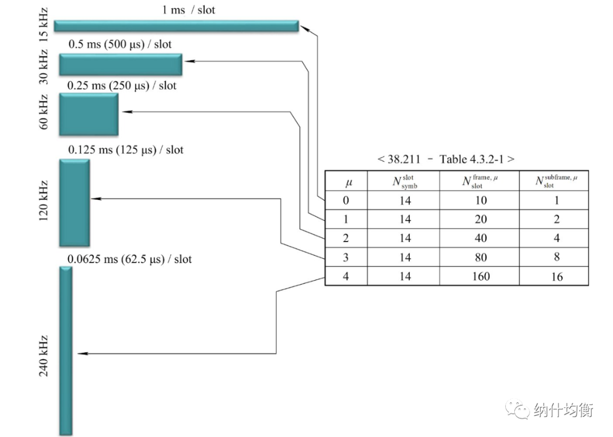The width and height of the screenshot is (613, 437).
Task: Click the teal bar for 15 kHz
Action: coord(176,26)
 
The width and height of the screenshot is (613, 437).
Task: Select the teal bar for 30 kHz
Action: coord(120,64)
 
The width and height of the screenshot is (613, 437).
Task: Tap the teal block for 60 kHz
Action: coord(89,114)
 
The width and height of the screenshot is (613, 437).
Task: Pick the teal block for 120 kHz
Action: coord(74,203)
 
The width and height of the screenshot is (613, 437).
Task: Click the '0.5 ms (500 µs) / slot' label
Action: coord(120,44)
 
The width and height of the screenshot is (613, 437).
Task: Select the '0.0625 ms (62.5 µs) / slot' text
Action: coord(129,259)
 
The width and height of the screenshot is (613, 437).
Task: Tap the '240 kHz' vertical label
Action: coord(44,356)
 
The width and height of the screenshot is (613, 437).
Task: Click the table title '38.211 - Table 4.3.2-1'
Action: coord(446,159)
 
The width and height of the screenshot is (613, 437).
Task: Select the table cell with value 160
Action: coord(480,276)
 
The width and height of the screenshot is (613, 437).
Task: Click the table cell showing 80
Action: coord(480,257)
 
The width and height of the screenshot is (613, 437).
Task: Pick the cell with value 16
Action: coord(556,276)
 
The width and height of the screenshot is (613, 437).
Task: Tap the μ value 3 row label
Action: coord(346,257)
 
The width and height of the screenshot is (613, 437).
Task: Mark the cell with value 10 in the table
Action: coord(480,200)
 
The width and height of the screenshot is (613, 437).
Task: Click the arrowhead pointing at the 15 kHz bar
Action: coord(304,26)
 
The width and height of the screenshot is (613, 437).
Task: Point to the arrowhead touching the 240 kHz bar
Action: coord(81,354)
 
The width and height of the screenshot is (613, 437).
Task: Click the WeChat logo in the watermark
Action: coord(519,410)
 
